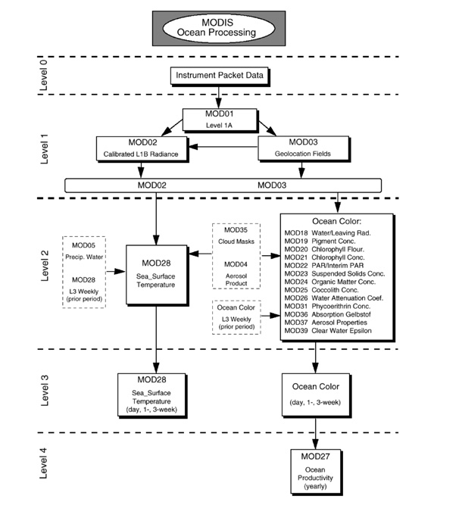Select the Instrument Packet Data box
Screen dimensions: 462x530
[x=220, y=76]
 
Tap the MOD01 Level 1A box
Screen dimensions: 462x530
[x=220, y=120]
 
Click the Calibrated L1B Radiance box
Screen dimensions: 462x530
[x=142, y=149]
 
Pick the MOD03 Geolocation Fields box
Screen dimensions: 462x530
[x=304, y=148]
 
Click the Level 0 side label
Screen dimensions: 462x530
[x=44, y=75]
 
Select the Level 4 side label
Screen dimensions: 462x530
[x=44, y=463]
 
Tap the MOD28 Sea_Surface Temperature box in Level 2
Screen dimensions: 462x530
[x=157, y=275]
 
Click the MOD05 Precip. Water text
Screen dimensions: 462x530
[x=84, y=251]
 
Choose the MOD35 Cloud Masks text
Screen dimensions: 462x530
[x=236, y=235]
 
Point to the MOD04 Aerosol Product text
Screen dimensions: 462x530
[x=236, y=273]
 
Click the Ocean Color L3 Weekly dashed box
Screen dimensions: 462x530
[x=236, y=317]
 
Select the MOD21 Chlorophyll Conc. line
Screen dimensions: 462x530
[x=324, y=257]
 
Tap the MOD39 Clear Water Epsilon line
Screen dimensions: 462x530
[x=328, y=331]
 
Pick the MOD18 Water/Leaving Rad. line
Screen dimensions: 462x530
[x=327, y=233]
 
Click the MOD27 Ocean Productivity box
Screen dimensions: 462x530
[x=317, y=472]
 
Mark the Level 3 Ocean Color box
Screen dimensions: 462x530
[x=317, y=395]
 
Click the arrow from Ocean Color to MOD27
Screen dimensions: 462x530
[x=315, y=434]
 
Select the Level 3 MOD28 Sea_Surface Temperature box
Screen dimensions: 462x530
[x=152, y=395]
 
